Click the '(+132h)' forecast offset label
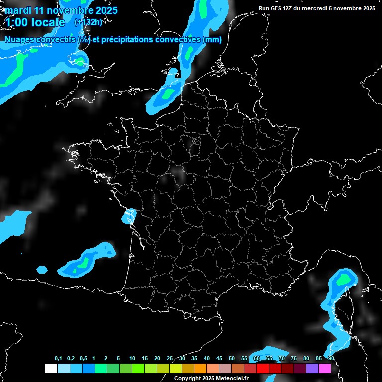[89, 22]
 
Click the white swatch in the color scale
[51, 369]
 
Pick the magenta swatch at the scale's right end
[325, 369]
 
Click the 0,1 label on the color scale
[58, 358]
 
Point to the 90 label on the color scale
[331, 358]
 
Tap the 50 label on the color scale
[232, 358]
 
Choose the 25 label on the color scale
[170, 358]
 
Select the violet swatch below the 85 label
[312, 369]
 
